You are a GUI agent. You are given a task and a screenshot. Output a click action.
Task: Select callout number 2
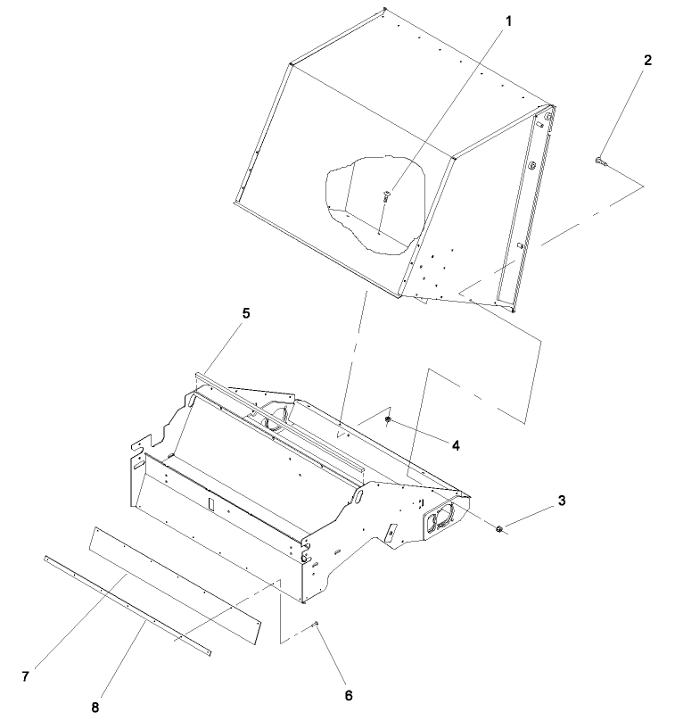(647, 61)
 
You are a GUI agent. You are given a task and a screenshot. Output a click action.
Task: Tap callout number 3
(562, 501)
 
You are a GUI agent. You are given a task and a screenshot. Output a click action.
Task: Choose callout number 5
(245, 313)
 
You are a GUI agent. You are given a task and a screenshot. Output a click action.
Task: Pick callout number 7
(26, 676)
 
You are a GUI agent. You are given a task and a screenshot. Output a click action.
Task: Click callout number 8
(95, 707)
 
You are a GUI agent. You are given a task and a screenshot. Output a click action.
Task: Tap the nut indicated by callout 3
(499, 530)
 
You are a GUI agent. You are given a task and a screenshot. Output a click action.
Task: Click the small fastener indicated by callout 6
(316, 624)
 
